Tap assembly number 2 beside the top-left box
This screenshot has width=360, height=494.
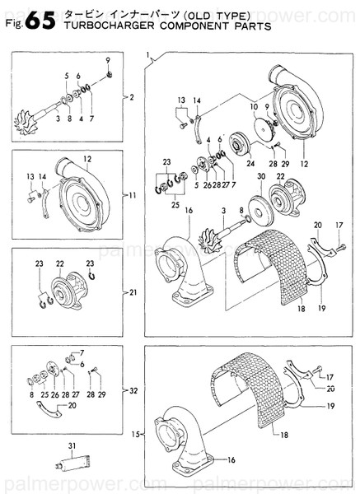coord(131,97)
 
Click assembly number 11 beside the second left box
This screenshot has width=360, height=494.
coord(133,196)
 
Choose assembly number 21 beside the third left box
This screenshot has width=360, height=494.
coord(133,291)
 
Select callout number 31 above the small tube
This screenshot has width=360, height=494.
coord(72,446)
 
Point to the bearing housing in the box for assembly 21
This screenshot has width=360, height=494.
coord(63,289)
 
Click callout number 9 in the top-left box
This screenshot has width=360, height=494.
coord(107,63)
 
